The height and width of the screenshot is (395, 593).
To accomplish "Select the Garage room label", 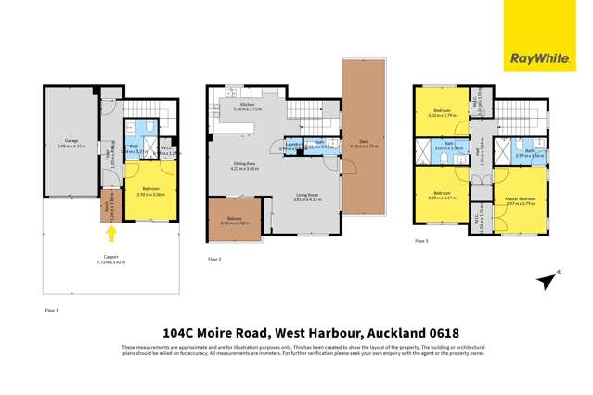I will pos(71,141).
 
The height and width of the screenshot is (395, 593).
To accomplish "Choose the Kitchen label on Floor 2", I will pos(247,107).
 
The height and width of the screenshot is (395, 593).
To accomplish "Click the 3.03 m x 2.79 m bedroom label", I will pos(443,113).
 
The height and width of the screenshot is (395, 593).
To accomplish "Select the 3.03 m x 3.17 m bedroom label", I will pos(443,197).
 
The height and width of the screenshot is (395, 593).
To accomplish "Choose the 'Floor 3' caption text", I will pos(421,241).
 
